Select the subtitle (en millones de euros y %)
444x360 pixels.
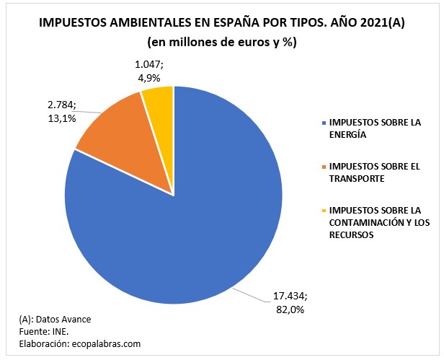tap(222, 42)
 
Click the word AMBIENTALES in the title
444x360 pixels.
tap(151, 23)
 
